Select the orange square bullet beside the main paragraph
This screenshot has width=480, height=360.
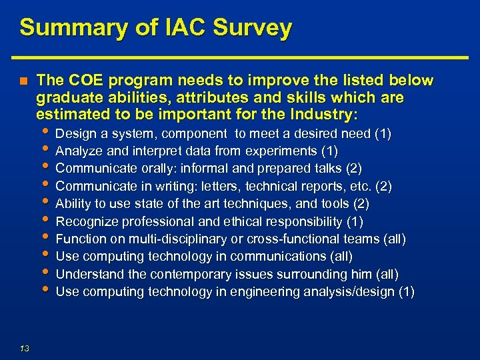pyautogui.click(x=23, y=81)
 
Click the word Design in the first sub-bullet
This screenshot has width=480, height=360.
pyautogui.click(x=74, y=134)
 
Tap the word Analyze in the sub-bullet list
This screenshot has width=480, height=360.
pyautogui.click(x=77, y=151)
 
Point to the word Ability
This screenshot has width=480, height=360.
pyautogui.click(x=73, y=203)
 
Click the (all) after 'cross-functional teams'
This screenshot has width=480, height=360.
pyautogui.click(x=394, y=239)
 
